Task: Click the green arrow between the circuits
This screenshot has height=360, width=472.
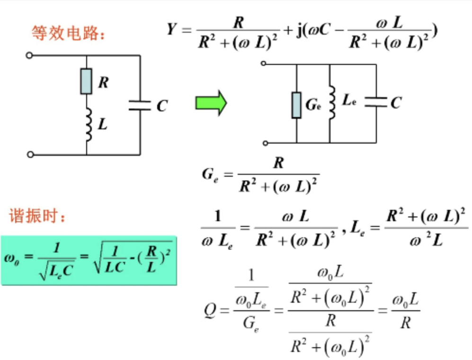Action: [211, 103]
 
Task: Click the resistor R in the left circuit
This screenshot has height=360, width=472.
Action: [86, 81]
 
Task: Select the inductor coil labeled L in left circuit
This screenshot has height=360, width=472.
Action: [88, 124]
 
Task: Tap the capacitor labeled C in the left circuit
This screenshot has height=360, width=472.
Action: [140, 105]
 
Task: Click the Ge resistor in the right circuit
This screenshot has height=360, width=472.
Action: [296, 105]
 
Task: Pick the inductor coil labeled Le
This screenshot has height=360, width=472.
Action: [332, 103]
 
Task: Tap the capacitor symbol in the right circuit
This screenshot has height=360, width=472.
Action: [376, 102]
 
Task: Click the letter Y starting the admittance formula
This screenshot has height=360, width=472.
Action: [171, 29]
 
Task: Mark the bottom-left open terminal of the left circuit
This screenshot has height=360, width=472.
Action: [30, 154]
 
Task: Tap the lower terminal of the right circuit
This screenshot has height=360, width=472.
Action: [264, 143]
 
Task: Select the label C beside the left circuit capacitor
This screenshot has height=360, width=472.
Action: [162, 106]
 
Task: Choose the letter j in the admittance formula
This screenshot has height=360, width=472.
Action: [300, 31]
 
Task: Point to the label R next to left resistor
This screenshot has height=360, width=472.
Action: [103, 83]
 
